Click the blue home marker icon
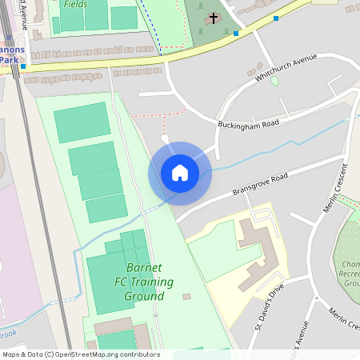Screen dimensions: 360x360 tap(179, 173)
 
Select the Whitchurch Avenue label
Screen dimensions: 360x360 tap(286, 68)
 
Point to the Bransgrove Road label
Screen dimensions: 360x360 tap(259, 181)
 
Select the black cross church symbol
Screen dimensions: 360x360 tap(214, 18)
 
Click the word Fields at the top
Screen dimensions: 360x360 tap(75, 4)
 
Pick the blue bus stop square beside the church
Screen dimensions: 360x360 tap(235, 34)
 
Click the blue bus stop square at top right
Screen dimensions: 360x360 tap(276, 18)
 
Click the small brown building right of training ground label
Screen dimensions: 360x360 tap(186, 297)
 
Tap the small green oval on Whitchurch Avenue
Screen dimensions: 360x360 tap(274, 81)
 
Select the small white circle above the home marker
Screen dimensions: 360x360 tap(165, 138)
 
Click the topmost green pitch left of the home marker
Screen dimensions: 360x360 tap(82, 122)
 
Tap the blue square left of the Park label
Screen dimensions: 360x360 tap(23, 67)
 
